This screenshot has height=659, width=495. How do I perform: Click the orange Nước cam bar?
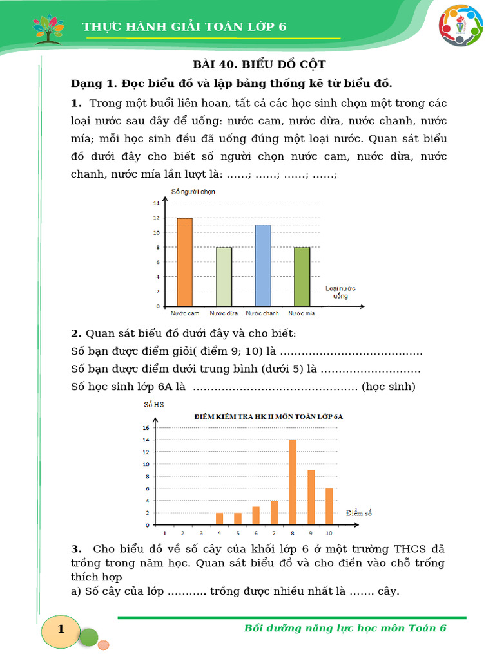[x=184, y=262]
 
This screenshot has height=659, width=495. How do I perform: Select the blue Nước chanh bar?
[x=262, y=266]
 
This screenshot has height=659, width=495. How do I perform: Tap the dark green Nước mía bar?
[x=302, y=277]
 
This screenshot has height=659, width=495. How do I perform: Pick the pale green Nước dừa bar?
[x=224, y=277]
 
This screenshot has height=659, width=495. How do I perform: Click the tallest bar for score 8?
[x=293, y=482]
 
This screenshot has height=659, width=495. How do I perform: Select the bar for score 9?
[x=311, y=497]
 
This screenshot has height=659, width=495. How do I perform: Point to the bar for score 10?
[x=329, y=506]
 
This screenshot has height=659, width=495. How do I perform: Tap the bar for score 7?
[x=275, y=513]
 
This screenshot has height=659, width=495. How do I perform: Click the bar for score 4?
[x=219, y=519]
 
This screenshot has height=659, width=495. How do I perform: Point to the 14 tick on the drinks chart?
[x=155, y=203]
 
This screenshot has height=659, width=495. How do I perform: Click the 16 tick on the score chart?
[x=146, y=428]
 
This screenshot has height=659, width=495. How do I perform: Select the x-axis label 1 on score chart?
[x=164, y=533]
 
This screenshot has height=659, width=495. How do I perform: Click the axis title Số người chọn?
[x=193, y=191]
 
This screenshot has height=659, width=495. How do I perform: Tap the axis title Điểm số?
[x=359, y=513]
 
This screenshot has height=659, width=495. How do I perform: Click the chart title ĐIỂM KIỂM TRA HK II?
[x=269, y=416]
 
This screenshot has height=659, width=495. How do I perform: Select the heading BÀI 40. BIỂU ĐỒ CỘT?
[x=260, y=64]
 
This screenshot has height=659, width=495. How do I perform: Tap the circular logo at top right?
[x=461, y=26]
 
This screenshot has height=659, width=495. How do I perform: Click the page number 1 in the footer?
[x=61, y=629]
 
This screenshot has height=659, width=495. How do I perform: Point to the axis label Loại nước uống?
[x=340, y=292]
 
